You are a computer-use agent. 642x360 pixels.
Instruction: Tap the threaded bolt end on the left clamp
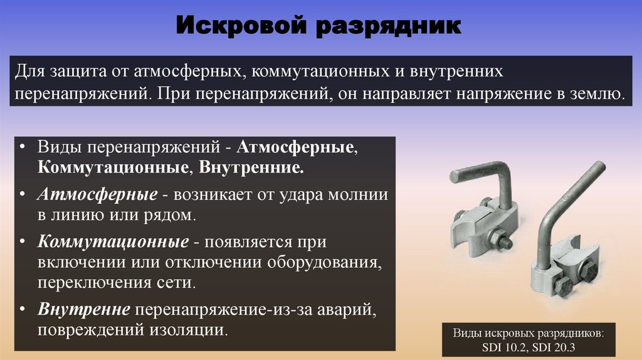tap(505, 239)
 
